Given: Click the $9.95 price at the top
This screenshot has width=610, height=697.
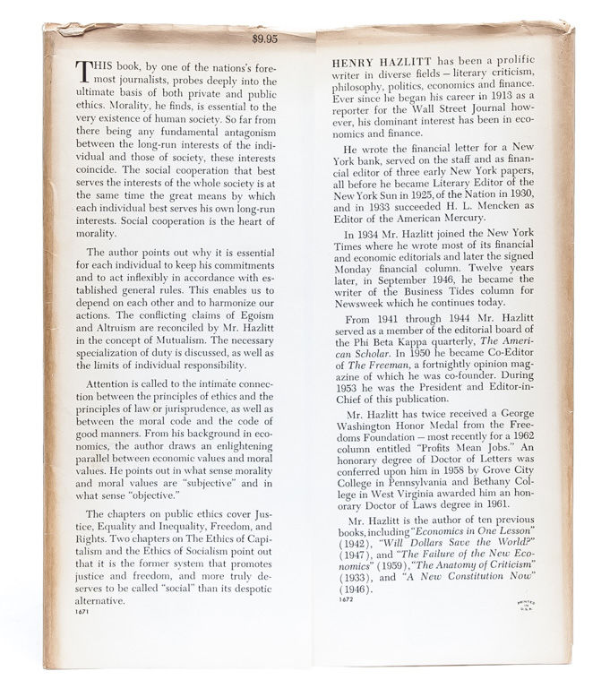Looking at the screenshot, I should (x=265, y=39).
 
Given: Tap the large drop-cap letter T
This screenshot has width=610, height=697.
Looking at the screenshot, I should (x=87, y=72).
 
